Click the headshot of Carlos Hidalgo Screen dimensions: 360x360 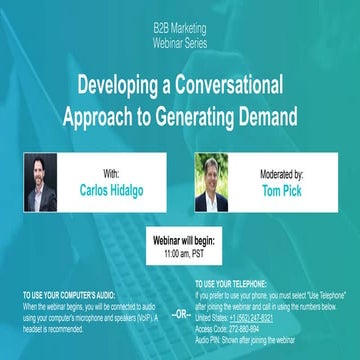point(40,182)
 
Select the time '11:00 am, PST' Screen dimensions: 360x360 point(179,256)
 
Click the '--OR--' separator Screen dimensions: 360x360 point(179,313)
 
